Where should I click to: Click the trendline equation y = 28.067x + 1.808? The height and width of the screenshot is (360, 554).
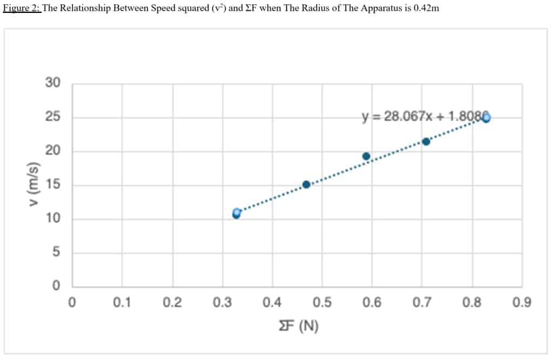pos(424,117)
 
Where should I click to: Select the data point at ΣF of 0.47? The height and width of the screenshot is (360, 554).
pos(306,184)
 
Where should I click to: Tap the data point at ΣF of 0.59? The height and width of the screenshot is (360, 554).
pos(366,156)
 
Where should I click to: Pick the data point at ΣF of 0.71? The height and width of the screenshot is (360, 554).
pos(426,142)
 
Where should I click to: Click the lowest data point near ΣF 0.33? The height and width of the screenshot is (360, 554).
pos(236,214)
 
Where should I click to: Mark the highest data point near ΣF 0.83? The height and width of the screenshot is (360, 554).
pos(486,118)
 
